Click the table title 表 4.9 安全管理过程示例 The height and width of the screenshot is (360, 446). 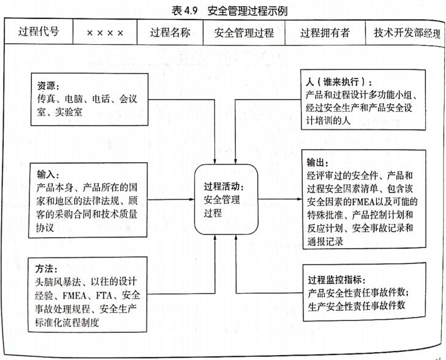coord(229,11)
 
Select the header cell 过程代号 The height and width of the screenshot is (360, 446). coord(39,31)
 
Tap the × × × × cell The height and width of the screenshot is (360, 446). coord(105,33)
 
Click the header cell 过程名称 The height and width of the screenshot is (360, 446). coord(170,33)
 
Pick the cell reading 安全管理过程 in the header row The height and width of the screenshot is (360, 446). coord(244,33)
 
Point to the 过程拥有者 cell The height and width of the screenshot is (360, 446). coord(325,33)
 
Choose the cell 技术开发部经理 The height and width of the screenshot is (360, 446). coord(405,33)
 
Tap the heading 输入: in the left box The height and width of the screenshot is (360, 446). coord(48,174)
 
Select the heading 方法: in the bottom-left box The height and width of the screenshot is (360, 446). coord(47,269)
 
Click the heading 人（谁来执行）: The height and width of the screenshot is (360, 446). coord(338,82)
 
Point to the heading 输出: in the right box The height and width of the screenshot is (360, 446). coord(317,163)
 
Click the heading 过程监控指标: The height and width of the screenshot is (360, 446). coord(337,280)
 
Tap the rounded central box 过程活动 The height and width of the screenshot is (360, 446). coord(227,199)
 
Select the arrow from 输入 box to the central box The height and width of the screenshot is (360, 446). coord(171,199)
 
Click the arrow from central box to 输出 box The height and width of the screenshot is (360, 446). coord(281,199)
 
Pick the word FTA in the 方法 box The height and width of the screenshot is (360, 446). coord(104,296)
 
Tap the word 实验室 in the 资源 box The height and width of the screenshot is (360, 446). coord(69,112)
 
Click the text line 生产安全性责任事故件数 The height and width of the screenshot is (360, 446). coord(357,306)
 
